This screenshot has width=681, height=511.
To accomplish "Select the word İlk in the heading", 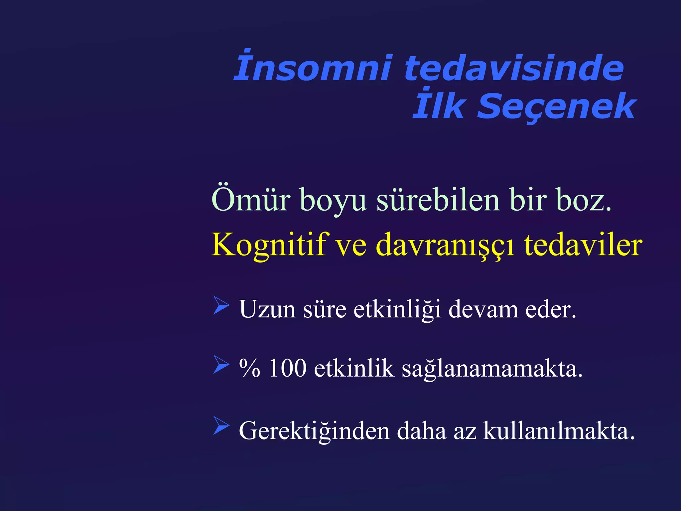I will [438, 105].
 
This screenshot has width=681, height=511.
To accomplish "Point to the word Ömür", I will [251, 200].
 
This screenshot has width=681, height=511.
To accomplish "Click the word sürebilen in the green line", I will [438, 200].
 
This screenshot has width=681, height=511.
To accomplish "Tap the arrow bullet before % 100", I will [221, 364].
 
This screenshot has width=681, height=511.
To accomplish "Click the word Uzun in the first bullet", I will [267, 309].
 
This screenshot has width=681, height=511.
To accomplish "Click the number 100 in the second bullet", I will [287, 369].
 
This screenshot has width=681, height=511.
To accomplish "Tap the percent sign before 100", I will [249, 369].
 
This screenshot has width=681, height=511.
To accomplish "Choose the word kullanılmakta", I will [559, 431].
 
